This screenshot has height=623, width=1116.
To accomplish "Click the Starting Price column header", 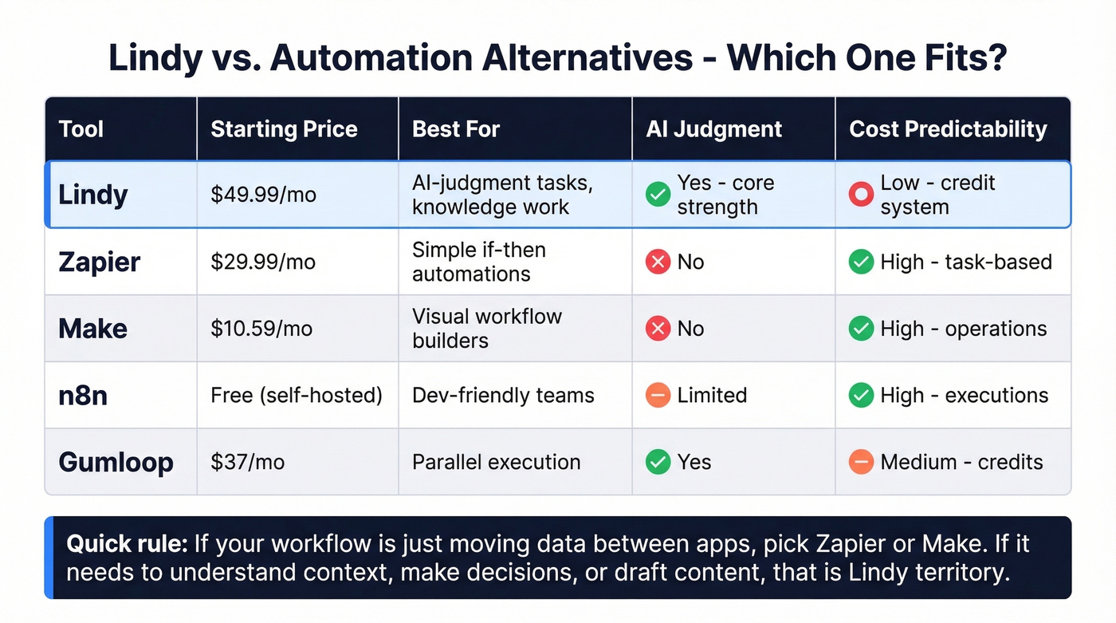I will pos(284,129).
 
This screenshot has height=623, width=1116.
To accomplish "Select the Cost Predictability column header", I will pos(948,129).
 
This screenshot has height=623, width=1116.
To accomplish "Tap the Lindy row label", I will pos(93,195).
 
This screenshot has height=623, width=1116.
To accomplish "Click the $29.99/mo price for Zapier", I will pos(263,262).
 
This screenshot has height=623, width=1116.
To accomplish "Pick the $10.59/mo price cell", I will pos(261,329).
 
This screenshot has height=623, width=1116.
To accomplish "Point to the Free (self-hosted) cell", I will pos(297,395).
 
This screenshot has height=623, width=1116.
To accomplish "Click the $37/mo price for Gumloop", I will pos(247,462).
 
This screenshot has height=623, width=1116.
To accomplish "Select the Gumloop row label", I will pos(116,462).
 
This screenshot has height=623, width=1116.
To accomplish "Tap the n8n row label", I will pos(83,395).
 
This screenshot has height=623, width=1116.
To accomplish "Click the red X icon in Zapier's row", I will pos(658,262).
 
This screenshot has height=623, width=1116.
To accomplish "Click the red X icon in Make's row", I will pos(658,329).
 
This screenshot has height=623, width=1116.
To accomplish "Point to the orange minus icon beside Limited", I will pos(658,395).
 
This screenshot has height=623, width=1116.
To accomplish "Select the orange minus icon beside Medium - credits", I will pos(861,462).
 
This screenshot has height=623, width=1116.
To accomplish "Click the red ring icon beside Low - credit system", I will pos(861,195).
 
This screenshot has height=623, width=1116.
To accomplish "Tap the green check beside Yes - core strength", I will pos(658,195).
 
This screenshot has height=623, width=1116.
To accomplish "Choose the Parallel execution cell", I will pos(496,462).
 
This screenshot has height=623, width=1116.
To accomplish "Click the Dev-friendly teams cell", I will pos(503,395).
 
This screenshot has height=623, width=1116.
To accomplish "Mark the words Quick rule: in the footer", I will pos(127,544).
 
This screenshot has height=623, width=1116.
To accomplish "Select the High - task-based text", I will pos(966,262).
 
